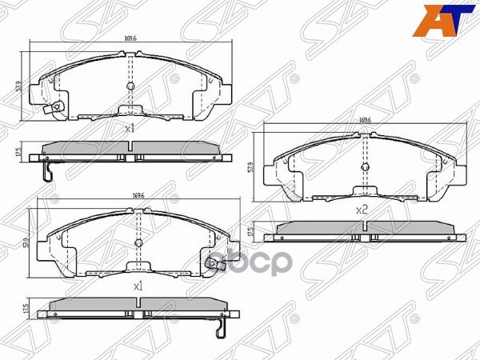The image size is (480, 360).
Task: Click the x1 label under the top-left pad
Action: pos(130,128)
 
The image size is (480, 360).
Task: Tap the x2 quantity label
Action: pos(361,210)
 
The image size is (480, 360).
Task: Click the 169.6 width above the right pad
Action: pos(365,120)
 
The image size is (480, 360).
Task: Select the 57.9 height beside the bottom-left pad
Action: pos(27,241)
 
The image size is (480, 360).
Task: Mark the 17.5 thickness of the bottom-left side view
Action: pos(26,309)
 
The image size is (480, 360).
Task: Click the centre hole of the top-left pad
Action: pos(130,86)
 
